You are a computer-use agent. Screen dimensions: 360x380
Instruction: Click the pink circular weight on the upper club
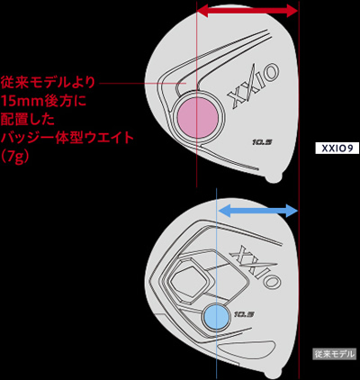[198, 118]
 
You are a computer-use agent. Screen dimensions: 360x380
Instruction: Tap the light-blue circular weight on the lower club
[216, 316]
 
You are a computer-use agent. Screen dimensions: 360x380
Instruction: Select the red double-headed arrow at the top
[247, 12]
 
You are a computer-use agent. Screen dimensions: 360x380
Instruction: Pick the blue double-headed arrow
[257, 211]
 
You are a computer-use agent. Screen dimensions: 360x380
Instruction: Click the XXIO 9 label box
[337, 148]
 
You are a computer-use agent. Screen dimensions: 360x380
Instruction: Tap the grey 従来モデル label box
[334, 354]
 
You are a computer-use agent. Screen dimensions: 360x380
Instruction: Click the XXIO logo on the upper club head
[254, 85]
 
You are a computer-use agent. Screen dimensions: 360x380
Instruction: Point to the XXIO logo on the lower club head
[256, 267]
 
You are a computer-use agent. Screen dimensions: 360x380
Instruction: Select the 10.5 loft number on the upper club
[262, 142]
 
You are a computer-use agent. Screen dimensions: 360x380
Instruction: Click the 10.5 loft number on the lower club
[244, 314]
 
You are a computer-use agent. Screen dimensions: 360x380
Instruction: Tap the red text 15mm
[22, 101]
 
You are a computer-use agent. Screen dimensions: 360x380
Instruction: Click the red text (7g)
[15, 157]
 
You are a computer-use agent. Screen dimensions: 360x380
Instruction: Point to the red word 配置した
[28, 119]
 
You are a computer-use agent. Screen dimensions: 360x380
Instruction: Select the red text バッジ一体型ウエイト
[67, 138]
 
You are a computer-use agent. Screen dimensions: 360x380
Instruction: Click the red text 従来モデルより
[48, 82]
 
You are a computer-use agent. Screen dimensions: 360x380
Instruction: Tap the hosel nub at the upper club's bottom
[275, 176]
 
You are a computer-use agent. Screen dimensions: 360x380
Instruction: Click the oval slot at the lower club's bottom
[246, 351]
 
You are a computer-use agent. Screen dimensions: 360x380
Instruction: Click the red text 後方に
[65, 101]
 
